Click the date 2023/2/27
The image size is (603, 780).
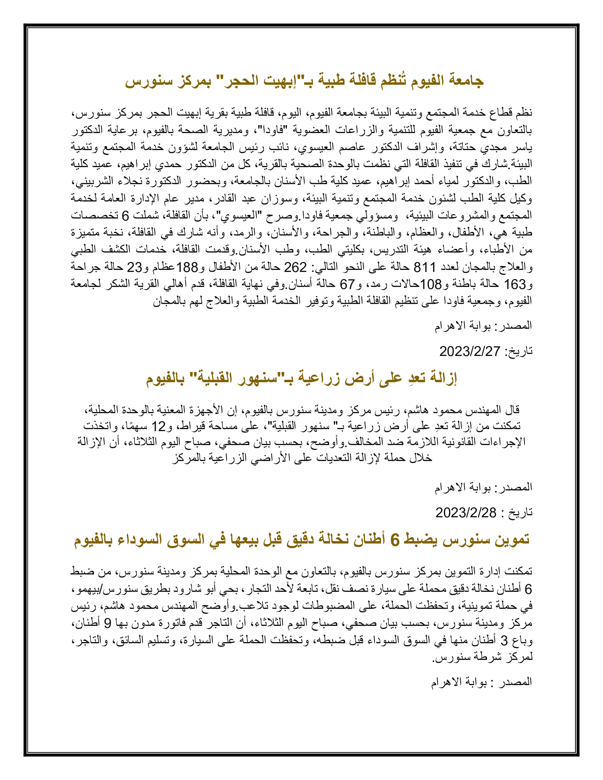tap(469, 351)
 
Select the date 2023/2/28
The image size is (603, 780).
tap(465, 513)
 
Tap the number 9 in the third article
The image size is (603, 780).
tap(107, 624)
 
